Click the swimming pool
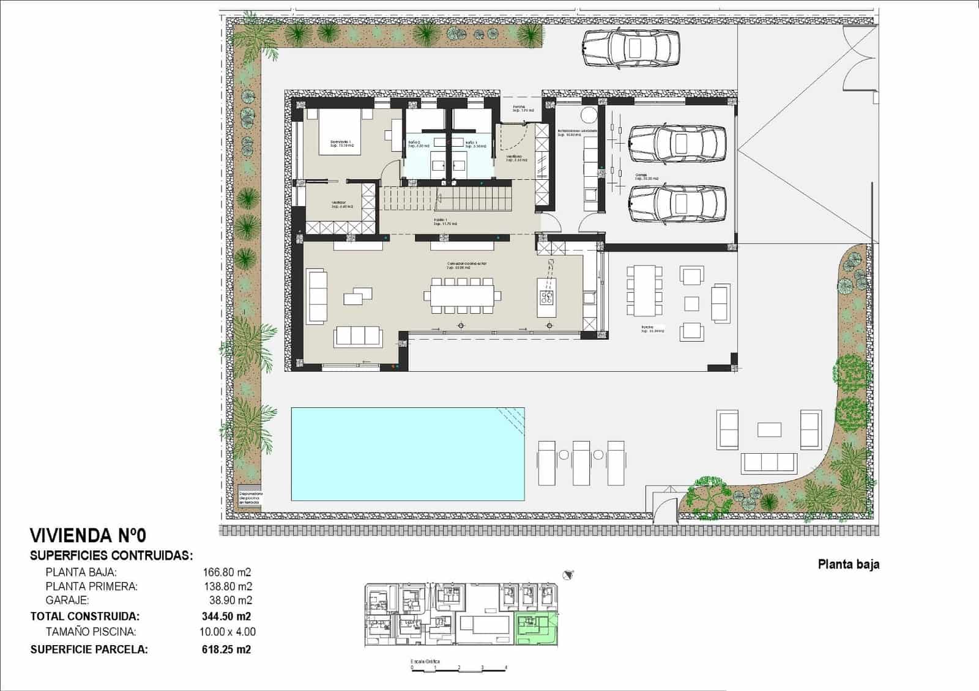tap(408, 453)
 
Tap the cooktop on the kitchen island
tap(547, 298)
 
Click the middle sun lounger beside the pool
tap(581, 463)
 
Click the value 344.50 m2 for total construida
tap(226, 616)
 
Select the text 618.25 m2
tap(226, 649)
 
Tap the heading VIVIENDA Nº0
tap(88, 536)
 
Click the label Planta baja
tap(848, 564)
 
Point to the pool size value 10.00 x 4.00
tap(229, 632)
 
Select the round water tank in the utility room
tap(589, 115)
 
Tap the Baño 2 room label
tap(419, 144)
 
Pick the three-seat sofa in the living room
tap(359, 336)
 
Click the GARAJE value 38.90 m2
tap(227, 600)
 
